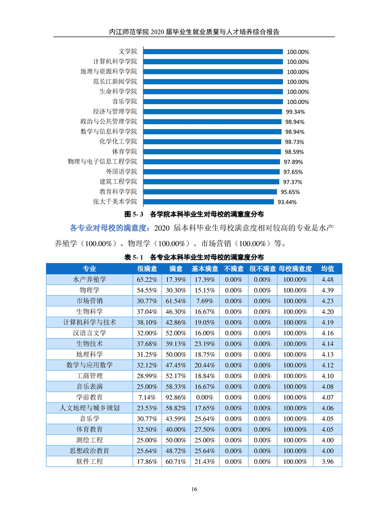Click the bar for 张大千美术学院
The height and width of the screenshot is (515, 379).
pyautogui.click(x=208, y=202)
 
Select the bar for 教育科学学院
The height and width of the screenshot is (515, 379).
pyautogui.click(x=210, y=192)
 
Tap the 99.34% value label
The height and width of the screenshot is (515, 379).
pyautogui.click(x=295, y=112)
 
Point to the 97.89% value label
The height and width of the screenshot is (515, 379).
pyautogui.click(x=293, y=162)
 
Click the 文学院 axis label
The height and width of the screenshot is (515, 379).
pyautogui.click(x=128, y=52)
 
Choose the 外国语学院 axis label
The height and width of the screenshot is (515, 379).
pyautogui.click(x=121, y=172)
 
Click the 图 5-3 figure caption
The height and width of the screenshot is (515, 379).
pyautogui.click(x=194, y=214)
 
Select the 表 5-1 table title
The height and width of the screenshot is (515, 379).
pyautogui.click(x=194, y=257)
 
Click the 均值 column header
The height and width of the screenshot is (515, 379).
pyautogui.click(x=327, y=269)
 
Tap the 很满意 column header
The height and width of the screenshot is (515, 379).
pyautogui.click(x=147, y=269)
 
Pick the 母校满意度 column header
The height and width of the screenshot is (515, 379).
pyautogui.click(x=295, y=269)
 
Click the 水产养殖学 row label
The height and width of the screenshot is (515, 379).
pyautogui.click(x=89, y=280)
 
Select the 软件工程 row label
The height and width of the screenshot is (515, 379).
pyautogui.click(x=89, y=461)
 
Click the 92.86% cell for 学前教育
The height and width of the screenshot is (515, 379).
pyautogui.click(x=176, y=397)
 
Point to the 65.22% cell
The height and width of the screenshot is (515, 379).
pyautogui.click(x=147, y=280)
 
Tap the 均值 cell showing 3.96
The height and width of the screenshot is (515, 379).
pyautogui.click(x=327, y=462)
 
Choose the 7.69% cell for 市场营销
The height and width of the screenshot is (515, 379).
pyautogui.click(x=205, y=301)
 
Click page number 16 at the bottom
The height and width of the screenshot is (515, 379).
pyautogui.click(x=194, y=489)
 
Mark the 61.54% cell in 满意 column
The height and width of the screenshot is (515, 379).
pyautogui.click(x=176, y=301)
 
